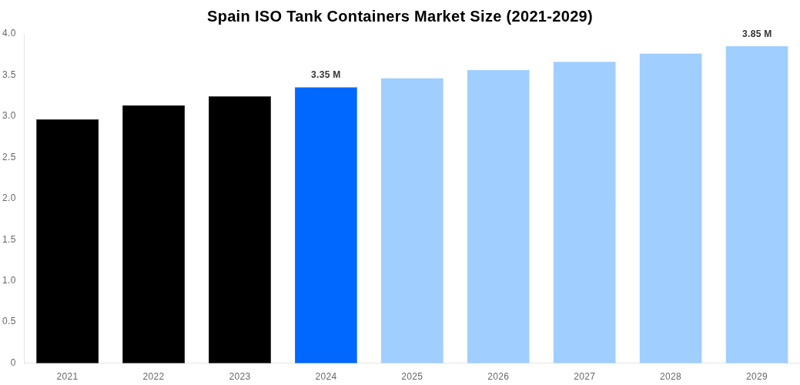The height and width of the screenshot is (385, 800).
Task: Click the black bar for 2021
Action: click(67, 241)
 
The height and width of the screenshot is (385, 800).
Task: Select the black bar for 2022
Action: click(153, 234)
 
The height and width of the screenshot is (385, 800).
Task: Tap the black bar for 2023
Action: click(239, 229)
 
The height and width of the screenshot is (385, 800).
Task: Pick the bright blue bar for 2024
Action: click(326, 225)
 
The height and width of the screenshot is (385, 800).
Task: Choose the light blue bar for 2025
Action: click(412, 220)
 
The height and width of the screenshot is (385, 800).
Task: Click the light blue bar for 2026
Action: click(498, 216)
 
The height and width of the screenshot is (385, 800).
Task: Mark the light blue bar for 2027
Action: click(584, 213)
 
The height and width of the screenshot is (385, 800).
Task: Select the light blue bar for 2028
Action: click(671, 208)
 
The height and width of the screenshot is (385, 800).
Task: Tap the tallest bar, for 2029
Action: click(757, 204)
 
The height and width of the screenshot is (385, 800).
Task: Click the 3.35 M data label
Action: click(326, 75)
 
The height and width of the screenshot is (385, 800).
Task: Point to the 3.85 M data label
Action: click(757, 34)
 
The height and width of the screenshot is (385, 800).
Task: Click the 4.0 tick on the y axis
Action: click(9, 33)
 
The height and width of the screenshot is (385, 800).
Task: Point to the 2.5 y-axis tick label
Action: click(9, 157)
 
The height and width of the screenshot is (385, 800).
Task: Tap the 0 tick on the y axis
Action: click(12, 363)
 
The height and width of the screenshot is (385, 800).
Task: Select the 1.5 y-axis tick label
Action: click(9, 239)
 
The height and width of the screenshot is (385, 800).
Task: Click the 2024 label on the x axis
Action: click(326, 377)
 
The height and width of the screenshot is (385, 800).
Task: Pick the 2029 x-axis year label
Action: click(757, 377)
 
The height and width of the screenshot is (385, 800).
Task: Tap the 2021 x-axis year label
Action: click(67, 377)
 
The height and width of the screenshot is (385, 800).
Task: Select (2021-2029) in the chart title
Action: click(549, 16)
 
